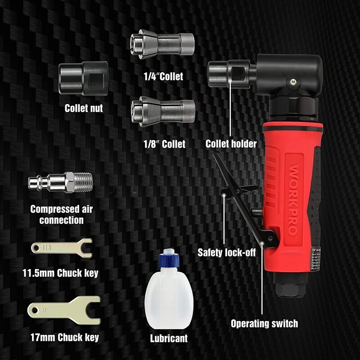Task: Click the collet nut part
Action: pyautogui.click(x=83, y=78)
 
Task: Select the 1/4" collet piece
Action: pyautogui.click(x=162, y=44)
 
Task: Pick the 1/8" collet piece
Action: pyautogui.click(x=163, y=110)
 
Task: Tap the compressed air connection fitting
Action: pyautogui.click(x=60, y=183)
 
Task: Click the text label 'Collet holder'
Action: pyautogui.click(x=231, y=144)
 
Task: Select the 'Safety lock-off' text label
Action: pyautogui.click(x=226, y=252)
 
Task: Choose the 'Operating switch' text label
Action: pyautogui.click(x=264, y=323)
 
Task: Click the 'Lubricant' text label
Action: pyautogui.click(x=169, y=337)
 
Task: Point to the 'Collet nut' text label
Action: pyautogui.click(x=84, y=108)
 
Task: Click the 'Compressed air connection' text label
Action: pyautogui.click(x=61, y=215)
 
